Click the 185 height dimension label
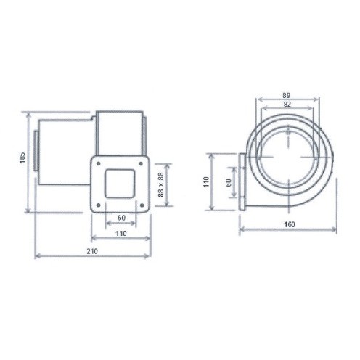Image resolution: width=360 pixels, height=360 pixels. pyautogui.click(x=22, y=157)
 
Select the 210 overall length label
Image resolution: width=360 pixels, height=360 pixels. pyautogui.click(x=92, y=251)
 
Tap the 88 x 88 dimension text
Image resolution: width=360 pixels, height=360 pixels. pyautogui.click(x=160, y=184)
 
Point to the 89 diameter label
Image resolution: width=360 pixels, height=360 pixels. pyautogui.click(x=287, y=95)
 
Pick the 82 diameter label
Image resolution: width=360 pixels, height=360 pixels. pyautogui.click(x=287, y=105)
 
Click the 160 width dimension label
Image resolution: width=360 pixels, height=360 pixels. pyautogui.click(x=290, y=224)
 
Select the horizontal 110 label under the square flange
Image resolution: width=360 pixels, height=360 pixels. pyautogui.click(x=121, y=234)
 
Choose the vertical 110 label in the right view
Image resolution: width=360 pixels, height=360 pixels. pyautogui.click(x=206, y=181)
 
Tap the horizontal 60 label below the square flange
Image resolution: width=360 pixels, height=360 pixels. pyautogui.click(x=121, y=218)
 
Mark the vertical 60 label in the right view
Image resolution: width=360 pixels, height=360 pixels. pyautogui.click(x=229, y=183)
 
